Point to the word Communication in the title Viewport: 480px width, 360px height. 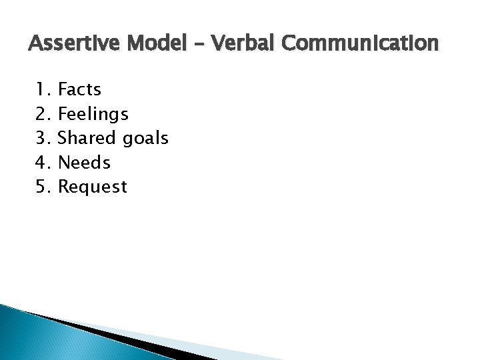[x=361, y=44]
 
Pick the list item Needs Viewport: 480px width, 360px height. [x=85, y=162]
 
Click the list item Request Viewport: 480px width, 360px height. [x=93, y=187]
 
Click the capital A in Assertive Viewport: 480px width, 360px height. [x=35, y=44]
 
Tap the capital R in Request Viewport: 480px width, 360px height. [x=64, y=187]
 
